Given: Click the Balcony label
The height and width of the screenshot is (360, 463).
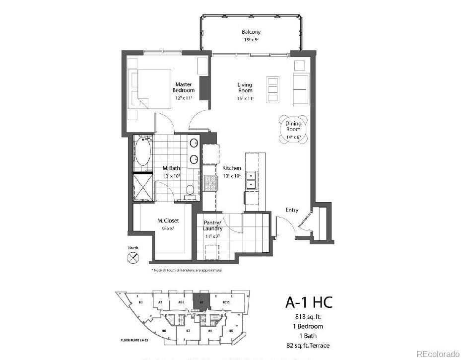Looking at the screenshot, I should pyautogui.click(x=251, y=32).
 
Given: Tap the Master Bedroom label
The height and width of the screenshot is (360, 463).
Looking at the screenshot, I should pyautogui.click(x=184, y=87).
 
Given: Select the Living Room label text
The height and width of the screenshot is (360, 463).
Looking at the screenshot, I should pyautogui.click(x=245, y=87).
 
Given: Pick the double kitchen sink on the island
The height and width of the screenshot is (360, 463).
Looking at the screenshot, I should pyautogui.click(x=251, y=180).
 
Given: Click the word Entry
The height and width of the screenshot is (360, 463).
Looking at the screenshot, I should pyautogui.click(x=292, y=210).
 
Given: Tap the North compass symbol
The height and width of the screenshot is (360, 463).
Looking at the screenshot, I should pyautogui.click(x=133, y=257).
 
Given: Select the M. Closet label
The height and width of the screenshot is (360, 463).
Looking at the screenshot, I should pyautogui.click(x=168, y=221).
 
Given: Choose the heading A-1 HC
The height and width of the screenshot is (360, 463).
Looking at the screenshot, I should pyautogui.click(x=308, y=302).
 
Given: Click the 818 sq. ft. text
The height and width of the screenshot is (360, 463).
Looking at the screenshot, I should pyautogui.click(x=308, y=317).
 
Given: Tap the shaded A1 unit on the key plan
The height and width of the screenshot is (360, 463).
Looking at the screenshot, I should pyautogui.click(x=202, y=301).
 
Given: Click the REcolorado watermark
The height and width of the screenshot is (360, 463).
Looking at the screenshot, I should pyautogui.click(x=438, y=354).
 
